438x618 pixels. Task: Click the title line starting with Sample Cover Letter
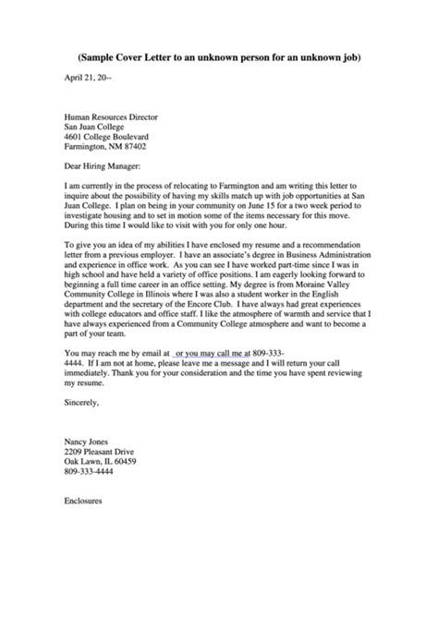(219, 57)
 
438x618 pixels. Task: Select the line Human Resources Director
(109, 119)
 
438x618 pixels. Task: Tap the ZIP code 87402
(134, 146)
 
